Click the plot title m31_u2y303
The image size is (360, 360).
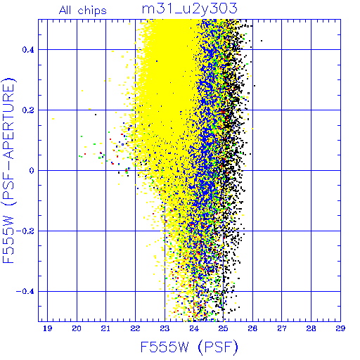[190, 9]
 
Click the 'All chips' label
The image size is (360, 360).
[83, 11]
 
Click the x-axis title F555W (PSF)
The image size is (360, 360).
[189, 347]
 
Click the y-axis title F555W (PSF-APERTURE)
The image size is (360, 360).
[8, 170]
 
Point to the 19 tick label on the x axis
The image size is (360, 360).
[48, 328]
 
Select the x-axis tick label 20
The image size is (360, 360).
[77, 328]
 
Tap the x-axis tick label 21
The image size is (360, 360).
[105, 328]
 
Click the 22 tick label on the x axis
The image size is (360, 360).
[135, 328]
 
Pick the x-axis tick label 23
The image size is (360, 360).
[165, 328]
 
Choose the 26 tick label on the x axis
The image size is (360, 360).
[252, 328]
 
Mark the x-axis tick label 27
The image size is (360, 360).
[282, 328]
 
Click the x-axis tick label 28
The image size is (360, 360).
[311, 328]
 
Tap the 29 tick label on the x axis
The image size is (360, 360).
[340, 328]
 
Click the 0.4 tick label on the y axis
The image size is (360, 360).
[28, 50]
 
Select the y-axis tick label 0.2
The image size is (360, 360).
[28, 110]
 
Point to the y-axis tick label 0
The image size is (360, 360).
[32, 170]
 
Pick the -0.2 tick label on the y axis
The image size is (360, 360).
[25, 231]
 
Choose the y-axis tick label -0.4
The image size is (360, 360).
[25, 292]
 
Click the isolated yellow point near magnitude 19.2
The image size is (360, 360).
[53, 119]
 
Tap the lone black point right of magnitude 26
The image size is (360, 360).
[262, 41]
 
